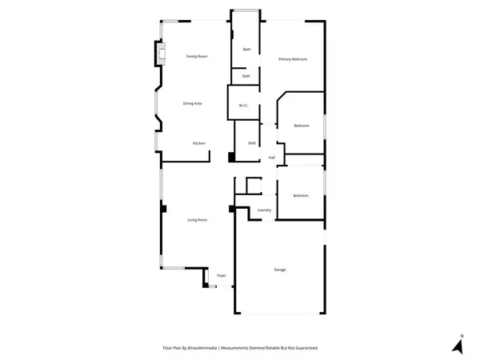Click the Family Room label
coord(197,57)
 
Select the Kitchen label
coord(199,143)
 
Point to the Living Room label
coord(198,220)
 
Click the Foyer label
coord(222,276)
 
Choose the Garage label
coord(279,270)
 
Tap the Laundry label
coord(264,210)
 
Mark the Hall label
coord(272,158)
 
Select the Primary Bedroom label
coord(293,60)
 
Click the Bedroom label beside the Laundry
coord(300,196)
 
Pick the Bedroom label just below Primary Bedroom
coord(301,126)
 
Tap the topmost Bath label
coord(246,50)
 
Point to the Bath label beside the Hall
coord(252,143)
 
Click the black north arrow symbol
coord(457,347)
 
